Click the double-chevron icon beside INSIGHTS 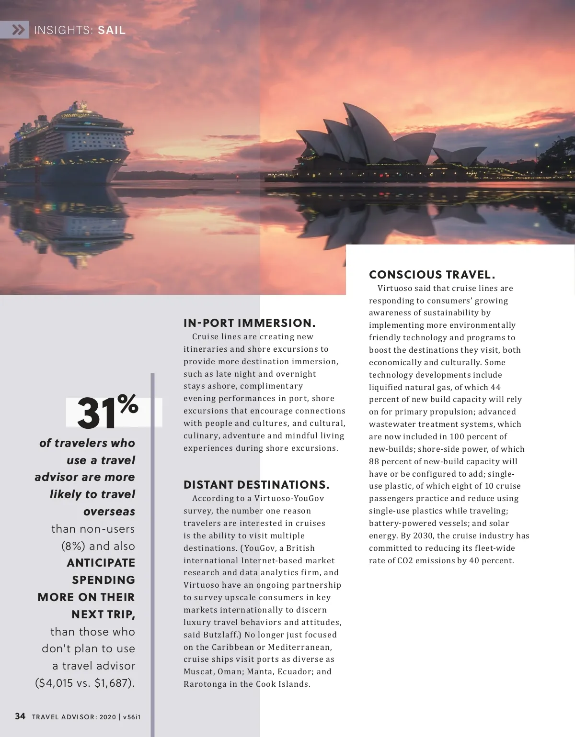[18, 30]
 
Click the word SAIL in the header [112, 31]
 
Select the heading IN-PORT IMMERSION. [250, 323]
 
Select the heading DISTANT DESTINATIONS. [256, 485]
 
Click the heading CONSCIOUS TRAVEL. [432, 275]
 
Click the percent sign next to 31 [128, 404]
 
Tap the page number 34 [20, 716]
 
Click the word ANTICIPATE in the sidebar [101, 563]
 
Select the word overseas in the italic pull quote [109, 512]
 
